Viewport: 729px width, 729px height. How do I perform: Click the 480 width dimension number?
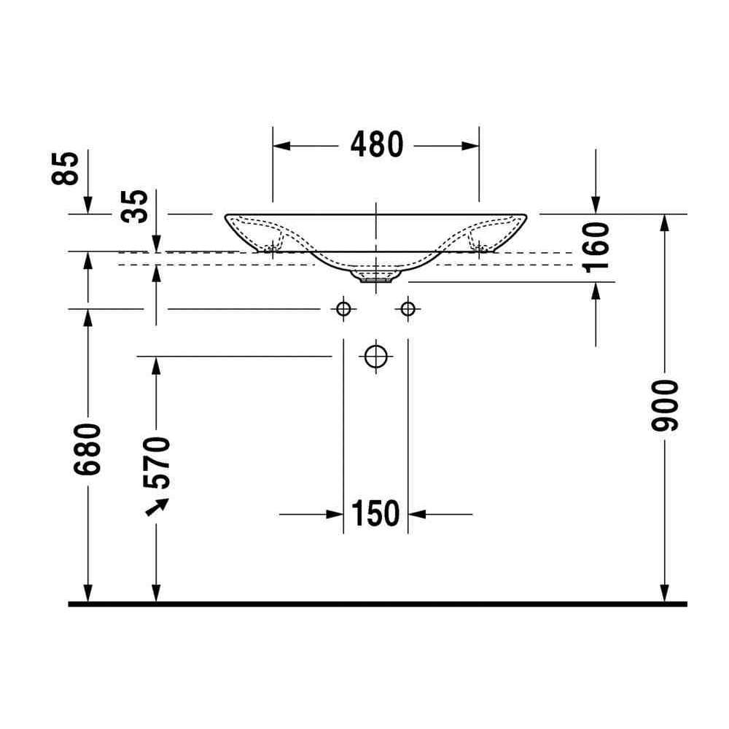pyautogui.click(x=377, y=144)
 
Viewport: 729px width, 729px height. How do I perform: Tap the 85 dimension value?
pyautogui.click(x=66, y=168)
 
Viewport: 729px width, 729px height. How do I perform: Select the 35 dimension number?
pyautogui.click(x=134, y=206)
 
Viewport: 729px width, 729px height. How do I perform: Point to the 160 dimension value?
pyautogui.click(x=596, y=247)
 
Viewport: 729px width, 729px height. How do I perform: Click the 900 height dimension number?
pyautogui.click(x=665, y=405)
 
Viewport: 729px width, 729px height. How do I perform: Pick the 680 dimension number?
pyautogui.click(x=87, y=449)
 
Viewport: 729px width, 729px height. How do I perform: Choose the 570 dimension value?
pyautogui.click(x=157, y=463)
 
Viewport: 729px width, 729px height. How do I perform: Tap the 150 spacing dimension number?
pyautogui.click(x=375, y=513)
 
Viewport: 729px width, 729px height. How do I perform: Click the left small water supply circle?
pyautogui.click(x=343, y=308)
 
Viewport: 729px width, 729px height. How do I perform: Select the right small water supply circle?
pyautogui.click(x=408, y=308)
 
